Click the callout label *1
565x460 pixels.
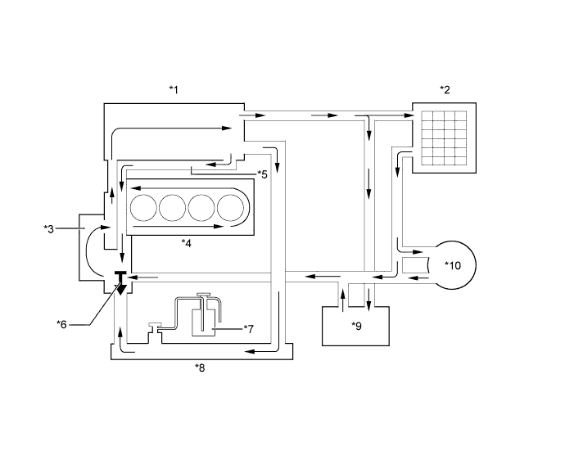[173, 89]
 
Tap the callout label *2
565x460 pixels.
[445, 89]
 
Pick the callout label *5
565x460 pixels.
[261, 174]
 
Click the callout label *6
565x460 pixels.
[61, 324]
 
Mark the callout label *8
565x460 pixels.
[200, 368]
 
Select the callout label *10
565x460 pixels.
[453, 265]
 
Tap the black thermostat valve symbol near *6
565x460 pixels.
[120, 282]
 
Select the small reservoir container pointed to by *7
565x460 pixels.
[202, 321]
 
